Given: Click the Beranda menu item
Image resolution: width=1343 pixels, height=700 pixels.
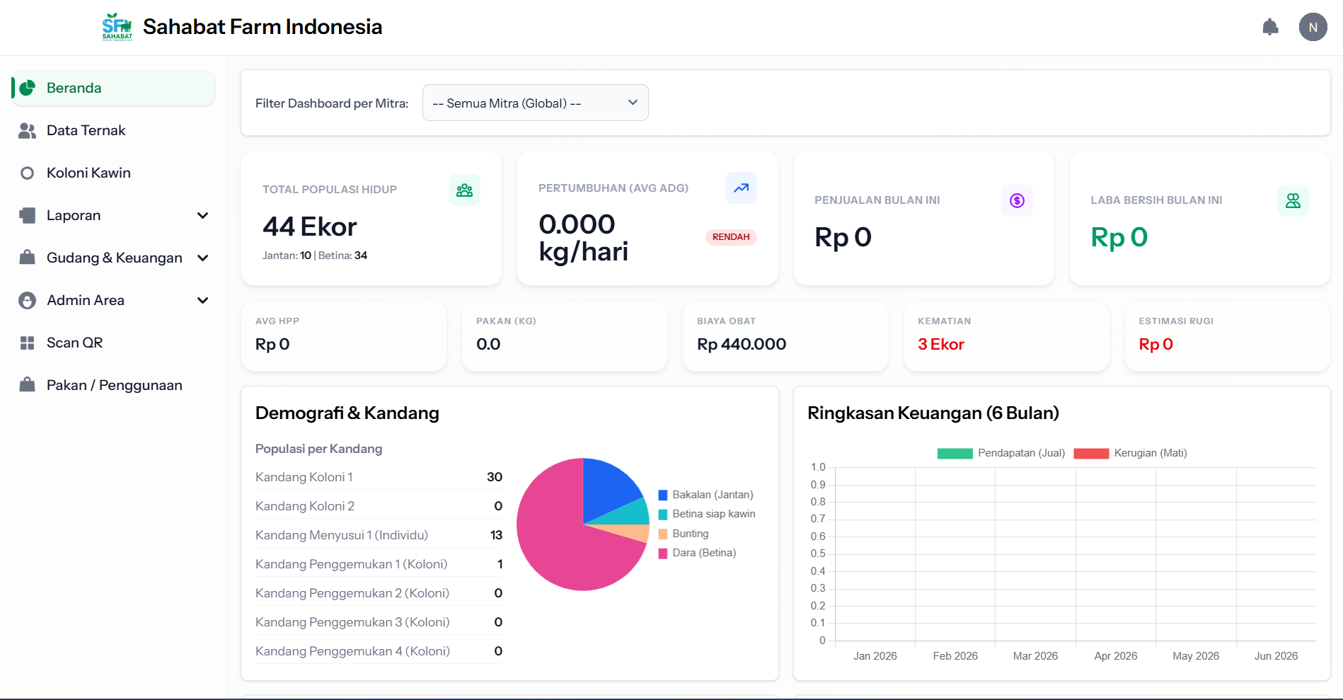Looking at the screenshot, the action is [x=113, y=88].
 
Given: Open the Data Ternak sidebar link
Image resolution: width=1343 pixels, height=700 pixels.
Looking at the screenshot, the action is [x=86, y=130].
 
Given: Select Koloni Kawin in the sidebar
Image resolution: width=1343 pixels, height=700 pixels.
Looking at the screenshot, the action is [x=88, y=173].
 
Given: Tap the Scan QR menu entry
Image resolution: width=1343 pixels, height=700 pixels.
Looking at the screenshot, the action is [x=74, y=343].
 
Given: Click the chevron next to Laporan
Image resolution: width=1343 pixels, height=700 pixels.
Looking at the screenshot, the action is [x=203, y=215].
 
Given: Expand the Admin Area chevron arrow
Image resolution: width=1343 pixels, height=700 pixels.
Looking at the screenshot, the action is [x=203, y=300].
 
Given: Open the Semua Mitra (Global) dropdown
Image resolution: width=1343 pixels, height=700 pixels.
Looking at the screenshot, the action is [x=535, y=103].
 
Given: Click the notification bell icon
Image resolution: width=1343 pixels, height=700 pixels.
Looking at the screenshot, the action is [x=1270, y=27].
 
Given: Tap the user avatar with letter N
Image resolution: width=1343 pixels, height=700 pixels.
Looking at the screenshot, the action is [x=1313, y=27].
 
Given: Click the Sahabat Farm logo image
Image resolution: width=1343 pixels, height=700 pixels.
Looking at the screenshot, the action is [x=117, y=27].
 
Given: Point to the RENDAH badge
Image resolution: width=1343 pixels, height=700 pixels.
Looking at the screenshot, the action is [x=731, y=237].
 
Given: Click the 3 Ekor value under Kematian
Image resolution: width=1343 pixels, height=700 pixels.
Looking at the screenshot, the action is [x=940, y=344].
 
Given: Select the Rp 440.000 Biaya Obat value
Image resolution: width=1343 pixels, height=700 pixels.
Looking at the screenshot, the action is [x=742, y=344].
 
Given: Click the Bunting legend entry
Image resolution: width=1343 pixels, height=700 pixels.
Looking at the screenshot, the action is [x=684, y=534].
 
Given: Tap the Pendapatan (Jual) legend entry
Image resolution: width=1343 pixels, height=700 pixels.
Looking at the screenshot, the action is [x=1001, y=453].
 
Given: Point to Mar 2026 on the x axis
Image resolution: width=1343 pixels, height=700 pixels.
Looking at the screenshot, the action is [x=1035, y=656].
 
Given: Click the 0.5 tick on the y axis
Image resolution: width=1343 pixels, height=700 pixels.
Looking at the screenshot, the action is [x=818, y=553].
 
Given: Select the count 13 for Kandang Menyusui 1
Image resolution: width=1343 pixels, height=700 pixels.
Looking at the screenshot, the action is [x=496, y=535].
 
